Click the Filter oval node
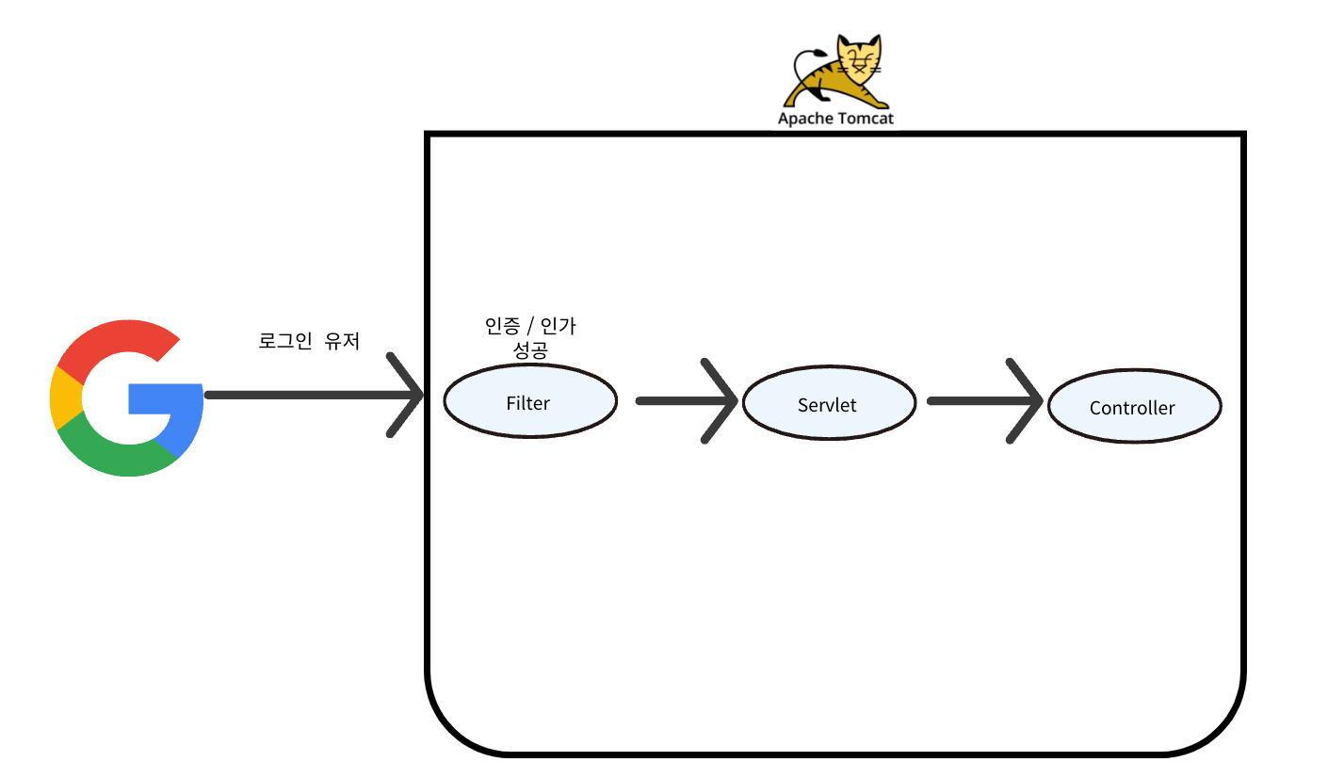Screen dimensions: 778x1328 (x=529, y=401)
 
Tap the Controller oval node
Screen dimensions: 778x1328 (x=1134, y=406)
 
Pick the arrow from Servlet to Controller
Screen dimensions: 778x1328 (x=984, y=401)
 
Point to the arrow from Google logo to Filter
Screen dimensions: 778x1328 (x=311, y=396)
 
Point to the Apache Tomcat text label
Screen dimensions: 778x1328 (x=835, y=119)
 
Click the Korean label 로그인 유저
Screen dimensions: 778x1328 (x=309, y=341)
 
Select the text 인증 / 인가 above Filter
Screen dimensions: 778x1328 (x=528, y=327)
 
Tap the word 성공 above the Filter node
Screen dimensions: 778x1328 (x=528, y=350)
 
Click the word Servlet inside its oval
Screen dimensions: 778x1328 (x=827, y=405)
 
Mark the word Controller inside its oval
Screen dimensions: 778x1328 (x=1132, y=409)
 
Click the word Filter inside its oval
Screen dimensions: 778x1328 (x=527, y=403)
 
